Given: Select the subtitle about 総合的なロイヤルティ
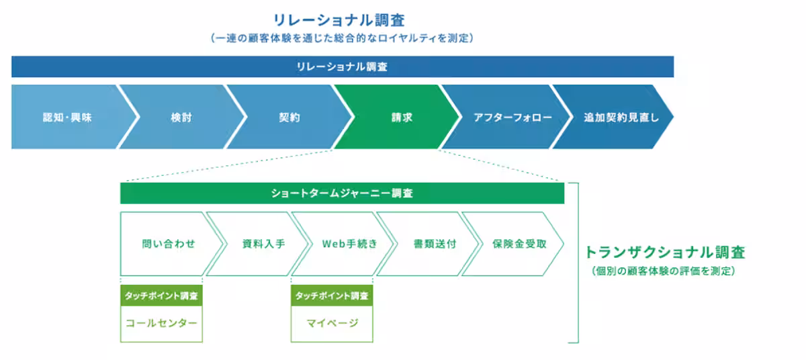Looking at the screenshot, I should coord(342,39).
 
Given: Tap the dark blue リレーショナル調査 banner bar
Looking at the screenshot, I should coord(342,66).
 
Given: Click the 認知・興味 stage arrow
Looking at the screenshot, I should coord(67,117).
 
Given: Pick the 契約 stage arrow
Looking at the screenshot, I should coord(289,117).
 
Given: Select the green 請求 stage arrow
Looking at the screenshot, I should coord(402,117).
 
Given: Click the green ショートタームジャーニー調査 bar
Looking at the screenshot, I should coord(342,193).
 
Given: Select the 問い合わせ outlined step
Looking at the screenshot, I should coord(168,244).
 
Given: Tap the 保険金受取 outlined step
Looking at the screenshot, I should coord(519,244).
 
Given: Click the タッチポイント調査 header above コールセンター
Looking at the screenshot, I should coord(161,295).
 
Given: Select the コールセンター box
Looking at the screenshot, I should coord(161,323).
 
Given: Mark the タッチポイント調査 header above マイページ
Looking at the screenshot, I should coord(332,295).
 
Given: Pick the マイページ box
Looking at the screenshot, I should coord(332,323).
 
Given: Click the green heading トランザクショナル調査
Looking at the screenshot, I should coord(664,253).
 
